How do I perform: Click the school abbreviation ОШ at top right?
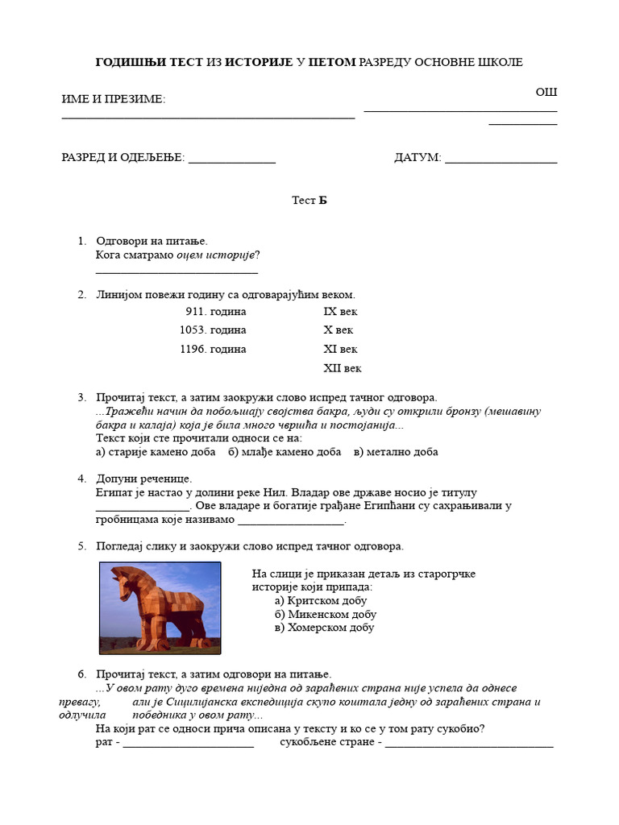[x=546, y=92]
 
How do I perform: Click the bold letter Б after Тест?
[x=322, y=201]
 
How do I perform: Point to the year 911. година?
[x=216, y=311]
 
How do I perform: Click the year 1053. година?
[x=213, y=330]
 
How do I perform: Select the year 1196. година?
[x=213, y=350]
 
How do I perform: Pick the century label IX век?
[x=340, y=311]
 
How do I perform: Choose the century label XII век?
[x=343, y=368]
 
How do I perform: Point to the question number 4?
[x=81, y=479]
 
